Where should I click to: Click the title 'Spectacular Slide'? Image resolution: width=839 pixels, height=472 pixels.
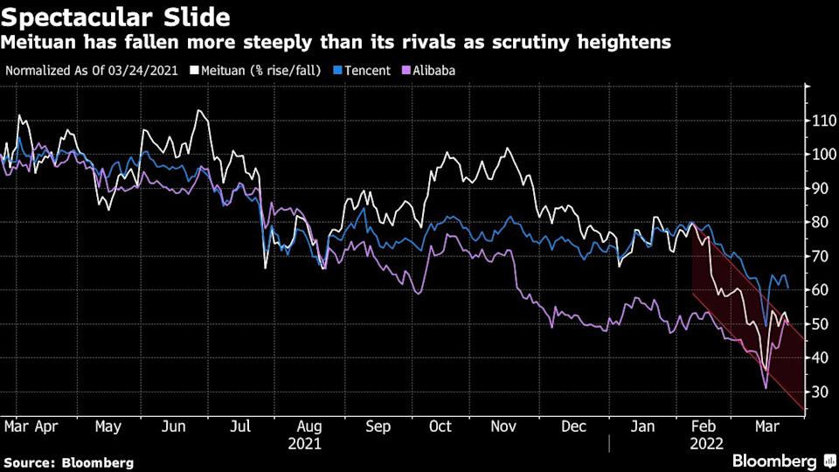(117, 17)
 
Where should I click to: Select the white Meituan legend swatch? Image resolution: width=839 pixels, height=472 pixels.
(194, 70)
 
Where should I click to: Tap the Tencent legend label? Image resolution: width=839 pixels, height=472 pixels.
(366, 70)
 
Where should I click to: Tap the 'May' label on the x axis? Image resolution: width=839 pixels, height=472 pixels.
(107, 427)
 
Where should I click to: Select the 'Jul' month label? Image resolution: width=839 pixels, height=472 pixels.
(241, 427)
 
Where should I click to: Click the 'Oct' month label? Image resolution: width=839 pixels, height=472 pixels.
(440, 427)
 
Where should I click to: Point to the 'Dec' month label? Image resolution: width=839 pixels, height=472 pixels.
(573, 427)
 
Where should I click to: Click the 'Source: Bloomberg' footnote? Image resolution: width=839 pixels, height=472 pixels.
(69, 462)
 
